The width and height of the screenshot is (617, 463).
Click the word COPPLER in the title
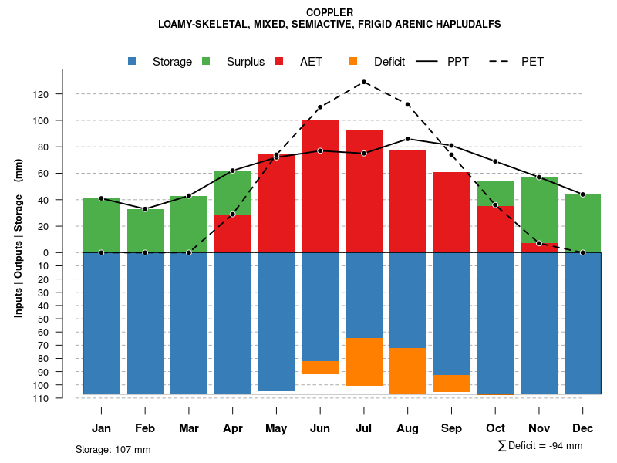click(x=329, y=12)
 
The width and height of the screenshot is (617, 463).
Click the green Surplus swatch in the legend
click(x=207, y=62)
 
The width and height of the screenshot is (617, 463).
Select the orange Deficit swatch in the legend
click(x=354, y=62)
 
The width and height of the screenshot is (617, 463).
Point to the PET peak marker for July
click(x=364, y=82)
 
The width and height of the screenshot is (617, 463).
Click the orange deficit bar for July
click(x=364, y=362)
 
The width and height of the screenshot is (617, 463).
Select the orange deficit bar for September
click(x=451, y=384)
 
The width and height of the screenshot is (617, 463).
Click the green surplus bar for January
click(x=101, y=225)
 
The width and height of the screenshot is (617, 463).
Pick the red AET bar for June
click(x=320, y=186)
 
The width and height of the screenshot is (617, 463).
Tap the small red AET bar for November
click(x=539, y=248)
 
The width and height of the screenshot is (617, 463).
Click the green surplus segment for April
click(x=232, y=192)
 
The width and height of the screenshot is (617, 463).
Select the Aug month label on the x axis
click(x=408, y=428)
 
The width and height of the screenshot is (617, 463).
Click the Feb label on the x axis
click(x=145, y=428)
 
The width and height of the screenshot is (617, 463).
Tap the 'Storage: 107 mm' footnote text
click(x=113, y=449)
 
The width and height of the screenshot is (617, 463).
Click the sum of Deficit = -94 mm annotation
click(x=540, y=446)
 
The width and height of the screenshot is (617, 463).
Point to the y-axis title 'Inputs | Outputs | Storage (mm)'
click(x=19, y=243)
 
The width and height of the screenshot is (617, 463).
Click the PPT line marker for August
click(x=408, y=139)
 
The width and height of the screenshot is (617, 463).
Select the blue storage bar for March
click(x=189, y=323)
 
